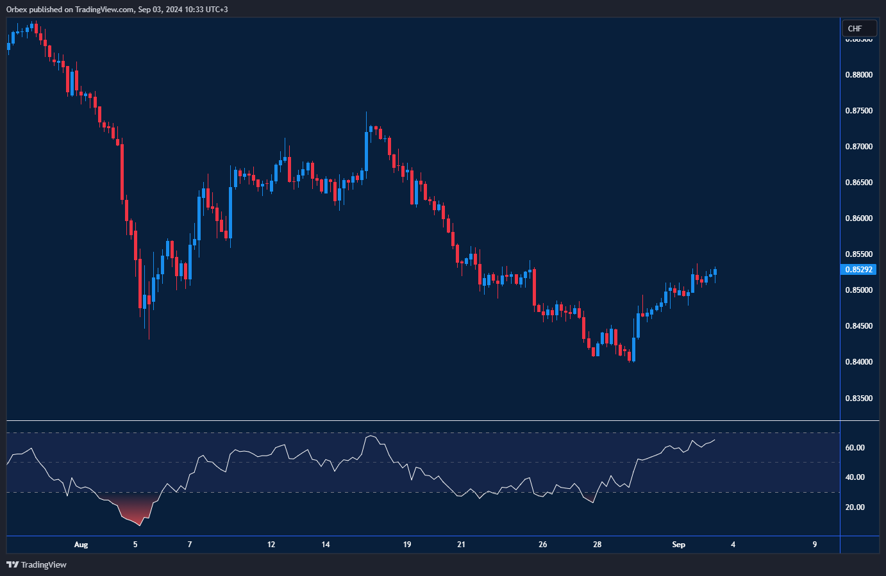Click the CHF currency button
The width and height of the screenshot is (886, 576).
[855, 28]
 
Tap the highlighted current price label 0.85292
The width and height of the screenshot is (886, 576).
[858, 270]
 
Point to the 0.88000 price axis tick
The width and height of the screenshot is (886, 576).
[858, 75]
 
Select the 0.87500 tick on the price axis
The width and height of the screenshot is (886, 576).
[858, 111]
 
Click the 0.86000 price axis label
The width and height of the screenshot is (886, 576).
[858, 218]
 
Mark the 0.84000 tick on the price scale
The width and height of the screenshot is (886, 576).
[858, 362]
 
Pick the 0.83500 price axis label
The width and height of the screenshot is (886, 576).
[858, 398]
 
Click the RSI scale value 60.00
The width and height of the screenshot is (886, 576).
[855, 448]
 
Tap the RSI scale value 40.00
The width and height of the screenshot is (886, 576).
[855, 477]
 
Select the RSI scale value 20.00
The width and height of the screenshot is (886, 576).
[855, 507]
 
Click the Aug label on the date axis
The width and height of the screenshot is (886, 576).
[81, 545]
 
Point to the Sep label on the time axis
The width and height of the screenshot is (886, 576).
[678, 545]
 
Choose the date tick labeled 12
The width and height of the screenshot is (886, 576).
[271, 545]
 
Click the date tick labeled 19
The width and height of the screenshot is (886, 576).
[407, 545]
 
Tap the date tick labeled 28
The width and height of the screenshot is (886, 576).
[598, 545]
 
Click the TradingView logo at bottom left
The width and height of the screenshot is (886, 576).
[37, 564]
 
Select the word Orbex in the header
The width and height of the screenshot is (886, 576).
[17, 10]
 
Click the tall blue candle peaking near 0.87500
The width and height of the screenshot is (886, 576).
[366, 151]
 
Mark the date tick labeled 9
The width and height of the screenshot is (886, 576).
[815, 545]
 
